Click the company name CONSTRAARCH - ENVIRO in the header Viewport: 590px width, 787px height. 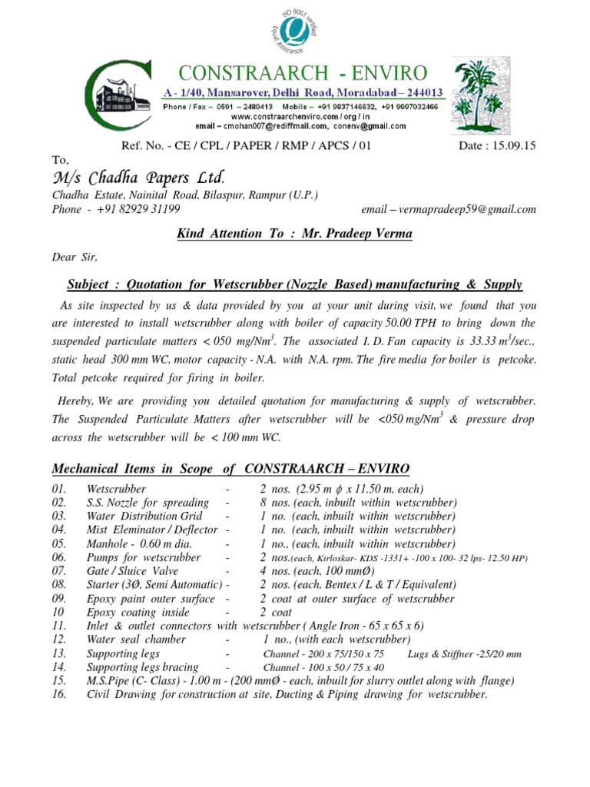point(302,74)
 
